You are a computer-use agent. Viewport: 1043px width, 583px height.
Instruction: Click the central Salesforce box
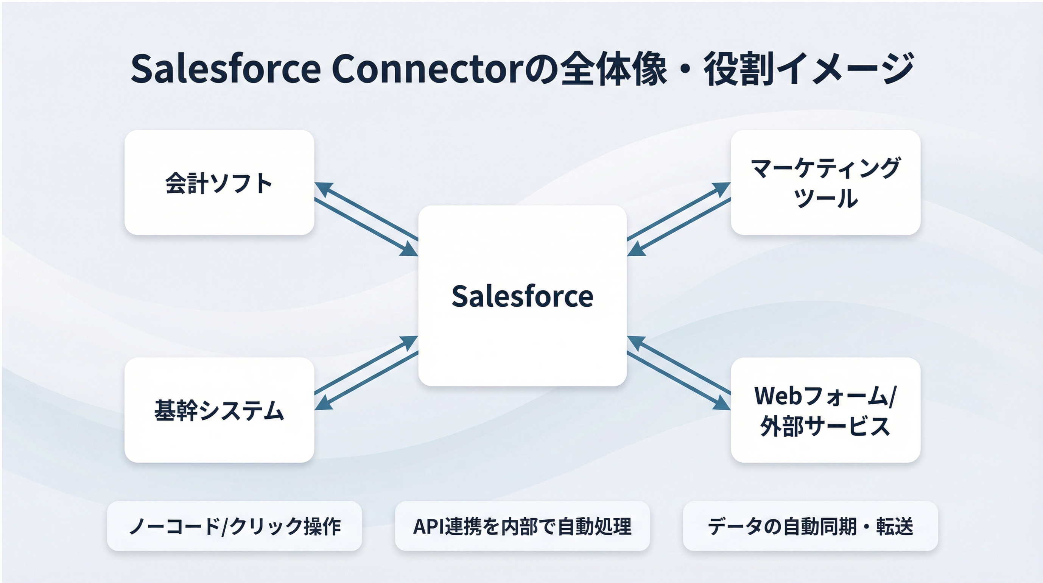pos(522,296)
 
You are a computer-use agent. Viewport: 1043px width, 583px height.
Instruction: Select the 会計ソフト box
pos(219,183)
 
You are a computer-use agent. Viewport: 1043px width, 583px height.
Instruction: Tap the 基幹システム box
pos(219,410)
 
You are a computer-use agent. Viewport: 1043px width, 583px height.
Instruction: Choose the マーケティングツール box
pos(825,183)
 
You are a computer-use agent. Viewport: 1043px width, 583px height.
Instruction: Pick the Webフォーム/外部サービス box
pos(825,410)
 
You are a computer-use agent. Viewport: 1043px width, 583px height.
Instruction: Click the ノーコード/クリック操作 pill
pos(234,526)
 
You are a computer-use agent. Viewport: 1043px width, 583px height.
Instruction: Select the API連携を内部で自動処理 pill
pos(522,526)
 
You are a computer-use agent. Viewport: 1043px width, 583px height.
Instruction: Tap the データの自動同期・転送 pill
pos(810,526)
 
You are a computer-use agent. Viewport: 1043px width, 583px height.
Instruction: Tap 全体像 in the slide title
pos(613,69)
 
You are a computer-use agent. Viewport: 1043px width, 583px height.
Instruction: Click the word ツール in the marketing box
pos(825,198)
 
